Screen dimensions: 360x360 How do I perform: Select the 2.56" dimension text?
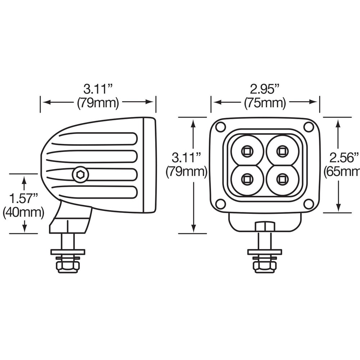(x=344, y=157)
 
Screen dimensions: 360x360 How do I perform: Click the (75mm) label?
(x=265, y=103)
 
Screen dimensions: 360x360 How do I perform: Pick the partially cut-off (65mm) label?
(x=342, y=171)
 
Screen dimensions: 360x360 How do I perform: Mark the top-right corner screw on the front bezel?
(x=309, y=127)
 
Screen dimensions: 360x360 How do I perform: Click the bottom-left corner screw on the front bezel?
(x=220, y=204)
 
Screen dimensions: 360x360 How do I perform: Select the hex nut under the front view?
(x=265, y=267)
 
